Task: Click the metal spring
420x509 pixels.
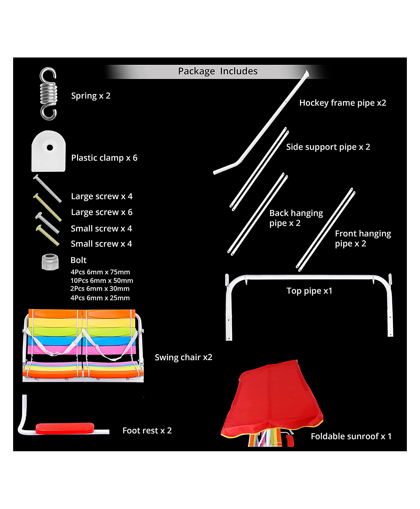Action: coord(49,94)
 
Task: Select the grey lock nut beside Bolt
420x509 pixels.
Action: coord(50,262)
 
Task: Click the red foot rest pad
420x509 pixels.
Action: coord(65,428)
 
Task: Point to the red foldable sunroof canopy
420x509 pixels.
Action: coord(273,399)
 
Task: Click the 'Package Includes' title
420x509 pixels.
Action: coord(218,71)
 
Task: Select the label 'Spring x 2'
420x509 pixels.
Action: coord(91,96)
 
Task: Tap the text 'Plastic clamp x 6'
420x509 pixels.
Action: coord(104,158)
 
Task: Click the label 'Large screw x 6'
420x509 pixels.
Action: coord(102,212)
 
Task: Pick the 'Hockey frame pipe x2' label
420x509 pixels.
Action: coord(343,103)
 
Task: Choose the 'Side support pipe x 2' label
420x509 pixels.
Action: coord(328,147)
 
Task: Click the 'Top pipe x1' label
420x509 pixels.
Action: coord(309,291)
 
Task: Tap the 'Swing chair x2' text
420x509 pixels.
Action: coord(183,357)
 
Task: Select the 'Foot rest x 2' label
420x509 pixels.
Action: coord(147,431)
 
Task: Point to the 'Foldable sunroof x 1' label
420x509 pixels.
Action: coord(351,436)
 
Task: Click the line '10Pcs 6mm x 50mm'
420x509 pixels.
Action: coord(102,281)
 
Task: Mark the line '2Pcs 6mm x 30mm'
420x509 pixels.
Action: coord(100,289)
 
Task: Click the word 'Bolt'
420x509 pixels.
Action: coord(78,260)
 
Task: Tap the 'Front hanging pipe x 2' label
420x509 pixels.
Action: coord(363,238)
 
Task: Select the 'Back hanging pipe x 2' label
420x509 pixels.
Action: coord(296,218)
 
